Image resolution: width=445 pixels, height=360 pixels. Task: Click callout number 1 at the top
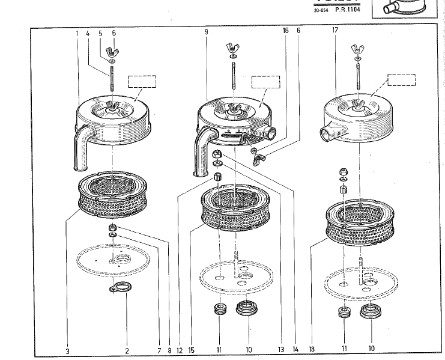coord(77,34)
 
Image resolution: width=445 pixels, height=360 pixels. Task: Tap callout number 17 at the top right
coord(335,29)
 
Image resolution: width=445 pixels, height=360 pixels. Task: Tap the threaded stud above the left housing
coord(112,78)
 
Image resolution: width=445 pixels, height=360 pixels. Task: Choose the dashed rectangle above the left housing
coord(142,82)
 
